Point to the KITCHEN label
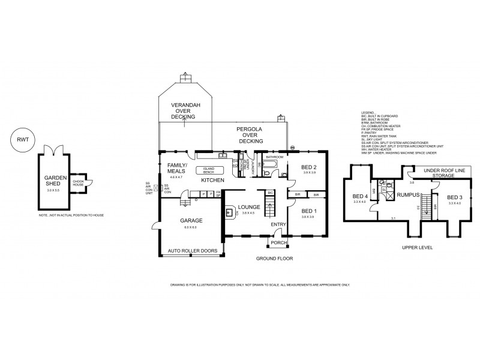212,180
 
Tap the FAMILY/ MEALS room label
177,169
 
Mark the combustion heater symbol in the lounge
230,211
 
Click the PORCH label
278,243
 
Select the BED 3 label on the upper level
454,197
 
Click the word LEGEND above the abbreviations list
368,112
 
